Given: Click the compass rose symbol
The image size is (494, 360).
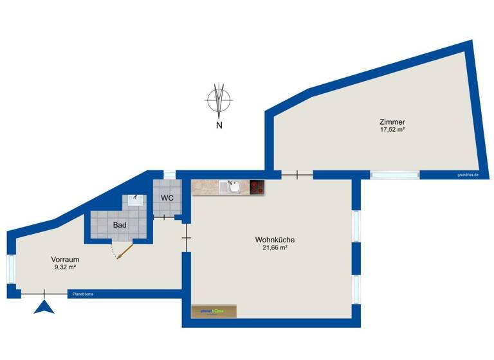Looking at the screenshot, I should pos(219,100).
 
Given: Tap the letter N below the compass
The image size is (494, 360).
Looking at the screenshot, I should pos(219,125).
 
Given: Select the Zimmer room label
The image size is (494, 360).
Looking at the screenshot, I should pos(392,122).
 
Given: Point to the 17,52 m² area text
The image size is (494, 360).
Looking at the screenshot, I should pos(392,129).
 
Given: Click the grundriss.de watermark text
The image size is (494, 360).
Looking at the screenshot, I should pos(468,174).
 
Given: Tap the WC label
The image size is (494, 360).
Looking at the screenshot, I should pos(167,197).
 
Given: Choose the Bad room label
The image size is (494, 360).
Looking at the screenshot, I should pos(120,225).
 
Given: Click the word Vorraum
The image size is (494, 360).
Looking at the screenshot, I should pos(65,260).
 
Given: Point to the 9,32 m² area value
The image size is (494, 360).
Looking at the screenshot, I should pos(65,267).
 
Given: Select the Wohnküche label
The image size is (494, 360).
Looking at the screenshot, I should pos(275,240).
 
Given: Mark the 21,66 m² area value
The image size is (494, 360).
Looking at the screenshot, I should pos(275,248).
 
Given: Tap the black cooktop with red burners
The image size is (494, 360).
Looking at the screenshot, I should pos(257,187).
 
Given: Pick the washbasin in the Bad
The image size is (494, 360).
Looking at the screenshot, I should pos(136,199).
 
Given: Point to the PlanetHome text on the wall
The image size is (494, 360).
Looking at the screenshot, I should pos(83,294).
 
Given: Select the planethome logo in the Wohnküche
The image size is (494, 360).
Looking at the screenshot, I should pos(212,311).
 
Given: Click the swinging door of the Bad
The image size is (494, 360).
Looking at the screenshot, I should pos(124,250).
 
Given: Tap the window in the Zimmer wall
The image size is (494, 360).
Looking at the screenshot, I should pos(394,174).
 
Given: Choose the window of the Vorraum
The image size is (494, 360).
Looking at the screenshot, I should pos(11,269).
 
